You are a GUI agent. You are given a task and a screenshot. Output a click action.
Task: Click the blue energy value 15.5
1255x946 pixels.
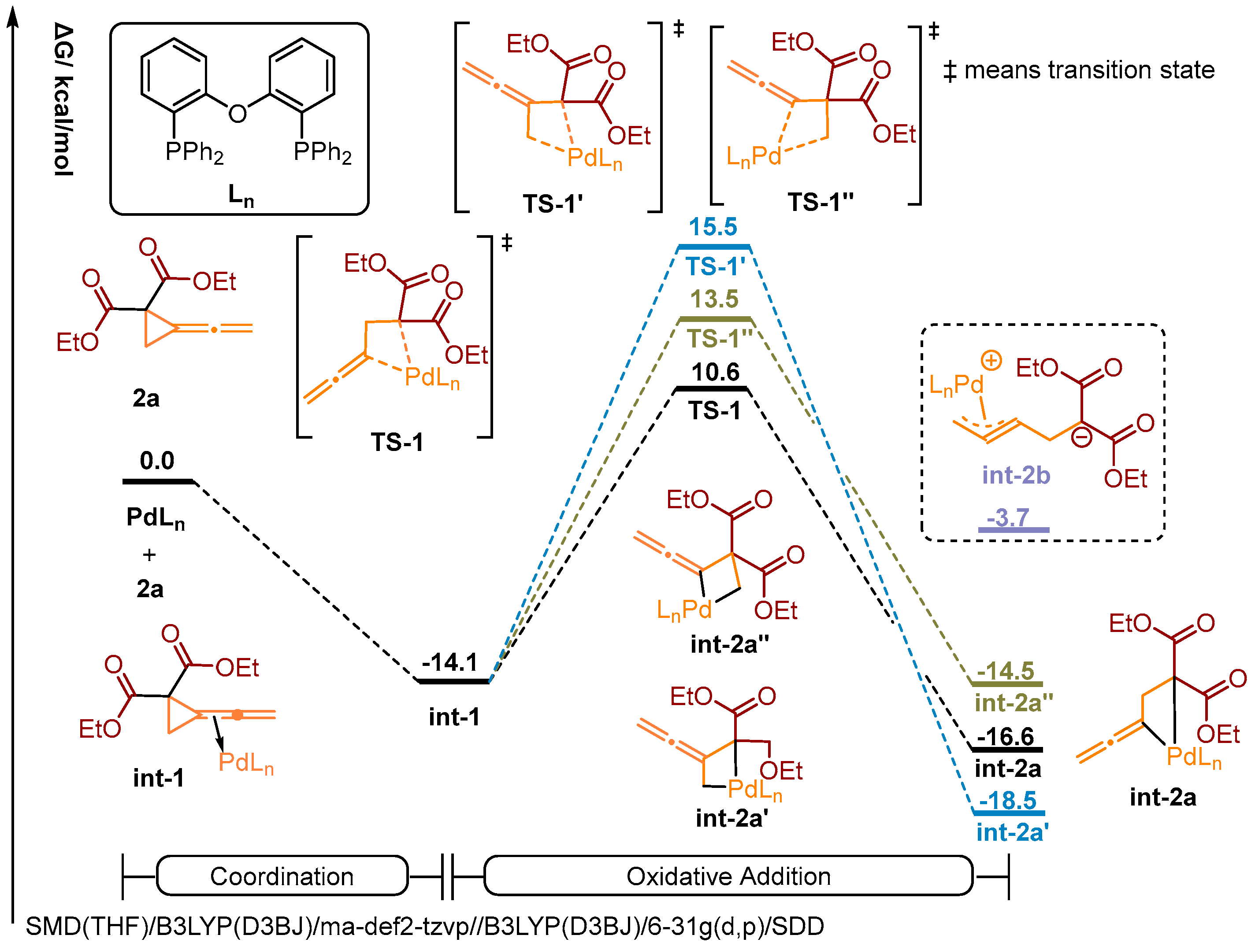713,227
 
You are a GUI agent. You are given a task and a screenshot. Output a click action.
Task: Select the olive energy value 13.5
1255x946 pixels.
714,299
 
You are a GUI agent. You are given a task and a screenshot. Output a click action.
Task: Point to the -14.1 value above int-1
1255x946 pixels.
449,662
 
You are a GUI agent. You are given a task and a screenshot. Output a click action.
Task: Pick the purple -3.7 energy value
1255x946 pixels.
1008,517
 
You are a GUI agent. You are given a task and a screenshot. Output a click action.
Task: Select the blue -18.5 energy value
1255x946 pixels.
1008,800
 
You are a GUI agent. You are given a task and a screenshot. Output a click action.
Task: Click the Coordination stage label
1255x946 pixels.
282,876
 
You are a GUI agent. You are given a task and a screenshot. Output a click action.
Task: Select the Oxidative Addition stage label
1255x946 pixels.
728,876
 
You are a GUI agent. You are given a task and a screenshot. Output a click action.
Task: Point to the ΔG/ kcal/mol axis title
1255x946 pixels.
63,99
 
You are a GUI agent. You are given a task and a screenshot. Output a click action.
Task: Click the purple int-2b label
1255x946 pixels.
1016,475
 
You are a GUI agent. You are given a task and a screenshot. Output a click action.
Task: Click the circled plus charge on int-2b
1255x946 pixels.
991,361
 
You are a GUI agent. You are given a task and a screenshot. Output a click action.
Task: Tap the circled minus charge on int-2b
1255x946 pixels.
1081,437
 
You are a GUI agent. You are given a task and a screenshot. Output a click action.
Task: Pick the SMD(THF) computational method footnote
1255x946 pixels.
424,926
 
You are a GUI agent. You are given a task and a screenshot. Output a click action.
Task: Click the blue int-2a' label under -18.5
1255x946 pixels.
1012,832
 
